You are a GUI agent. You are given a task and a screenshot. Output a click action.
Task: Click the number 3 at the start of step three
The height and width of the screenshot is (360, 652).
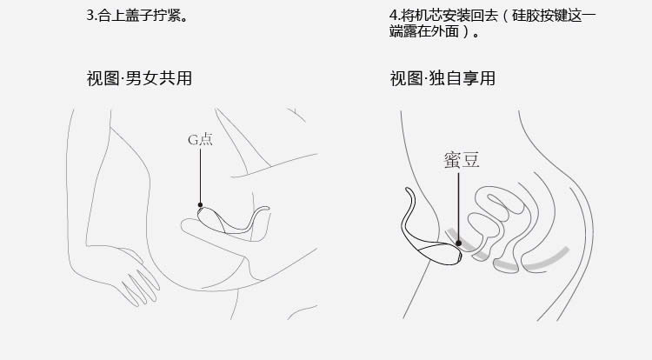coord(90,16)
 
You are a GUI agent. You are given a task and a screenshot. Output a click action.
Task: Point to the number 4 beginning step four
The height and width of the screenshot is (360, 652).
coord(393,16)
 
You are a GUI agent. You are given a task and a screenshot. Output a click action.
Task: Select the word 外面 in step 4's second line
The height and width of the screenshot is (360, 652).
coord(445,31)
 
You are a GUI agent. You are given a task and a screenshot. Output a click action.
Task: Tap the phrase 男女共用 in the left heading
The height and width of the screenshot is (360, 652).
coord(158,78)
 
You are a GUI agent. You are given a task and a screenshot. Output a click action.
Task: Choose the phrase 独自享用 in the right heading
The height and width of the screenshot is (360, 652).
coord(462,78)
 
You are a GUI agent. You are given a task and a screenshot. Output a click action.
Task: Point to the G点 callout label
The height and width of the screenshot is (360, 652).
coord(200,140)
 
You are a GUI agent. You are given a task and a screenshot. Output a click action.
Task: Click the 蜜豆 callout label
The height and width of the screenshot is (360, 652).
coord(462,160)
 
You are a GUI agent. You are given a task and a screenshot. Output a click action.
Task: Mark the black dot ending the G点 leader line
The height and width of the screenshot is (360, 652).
coord(200,204)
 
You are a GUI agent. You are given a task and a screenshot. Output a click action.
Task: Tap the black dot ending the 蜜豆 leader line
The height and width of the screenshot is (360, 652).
coord(458,243)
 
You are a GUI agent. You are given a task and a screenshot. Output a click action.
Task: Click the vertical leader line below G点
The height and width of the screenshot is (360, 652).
coord(200,176)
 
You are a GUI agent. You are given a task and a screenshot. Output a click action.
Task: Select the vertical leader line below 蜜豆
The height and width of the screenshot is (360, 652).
coord(459,207)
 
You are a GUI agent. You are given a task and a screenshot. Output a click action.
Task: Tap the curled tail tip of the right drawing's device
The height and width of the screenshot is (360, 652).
coord(408,190)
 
